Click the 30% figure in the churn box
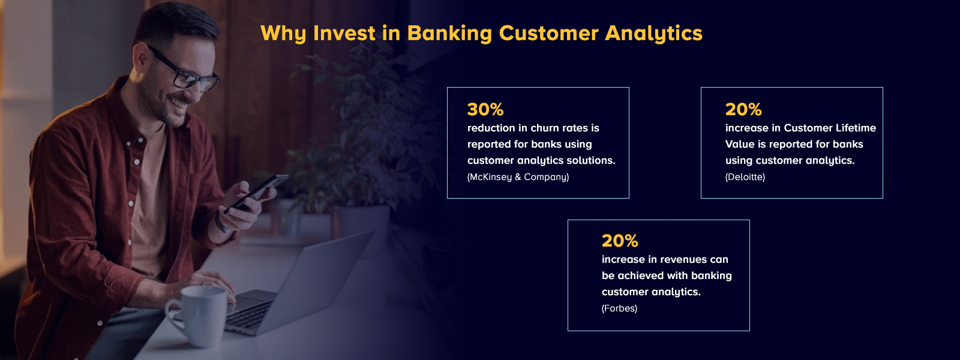coord(485,109)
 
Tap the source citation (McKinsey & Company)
coord(518,177)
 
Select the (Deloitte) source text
coord(745,177)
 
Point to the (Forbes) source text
coord(619,308)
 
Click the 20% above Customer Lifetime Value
coord(743,109)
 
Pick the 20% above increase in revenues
coord(619,241)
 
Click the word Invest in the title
coord(344,33)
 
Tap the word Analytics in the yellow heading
coord(653,33)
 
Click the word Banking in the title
coord(449,33)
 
